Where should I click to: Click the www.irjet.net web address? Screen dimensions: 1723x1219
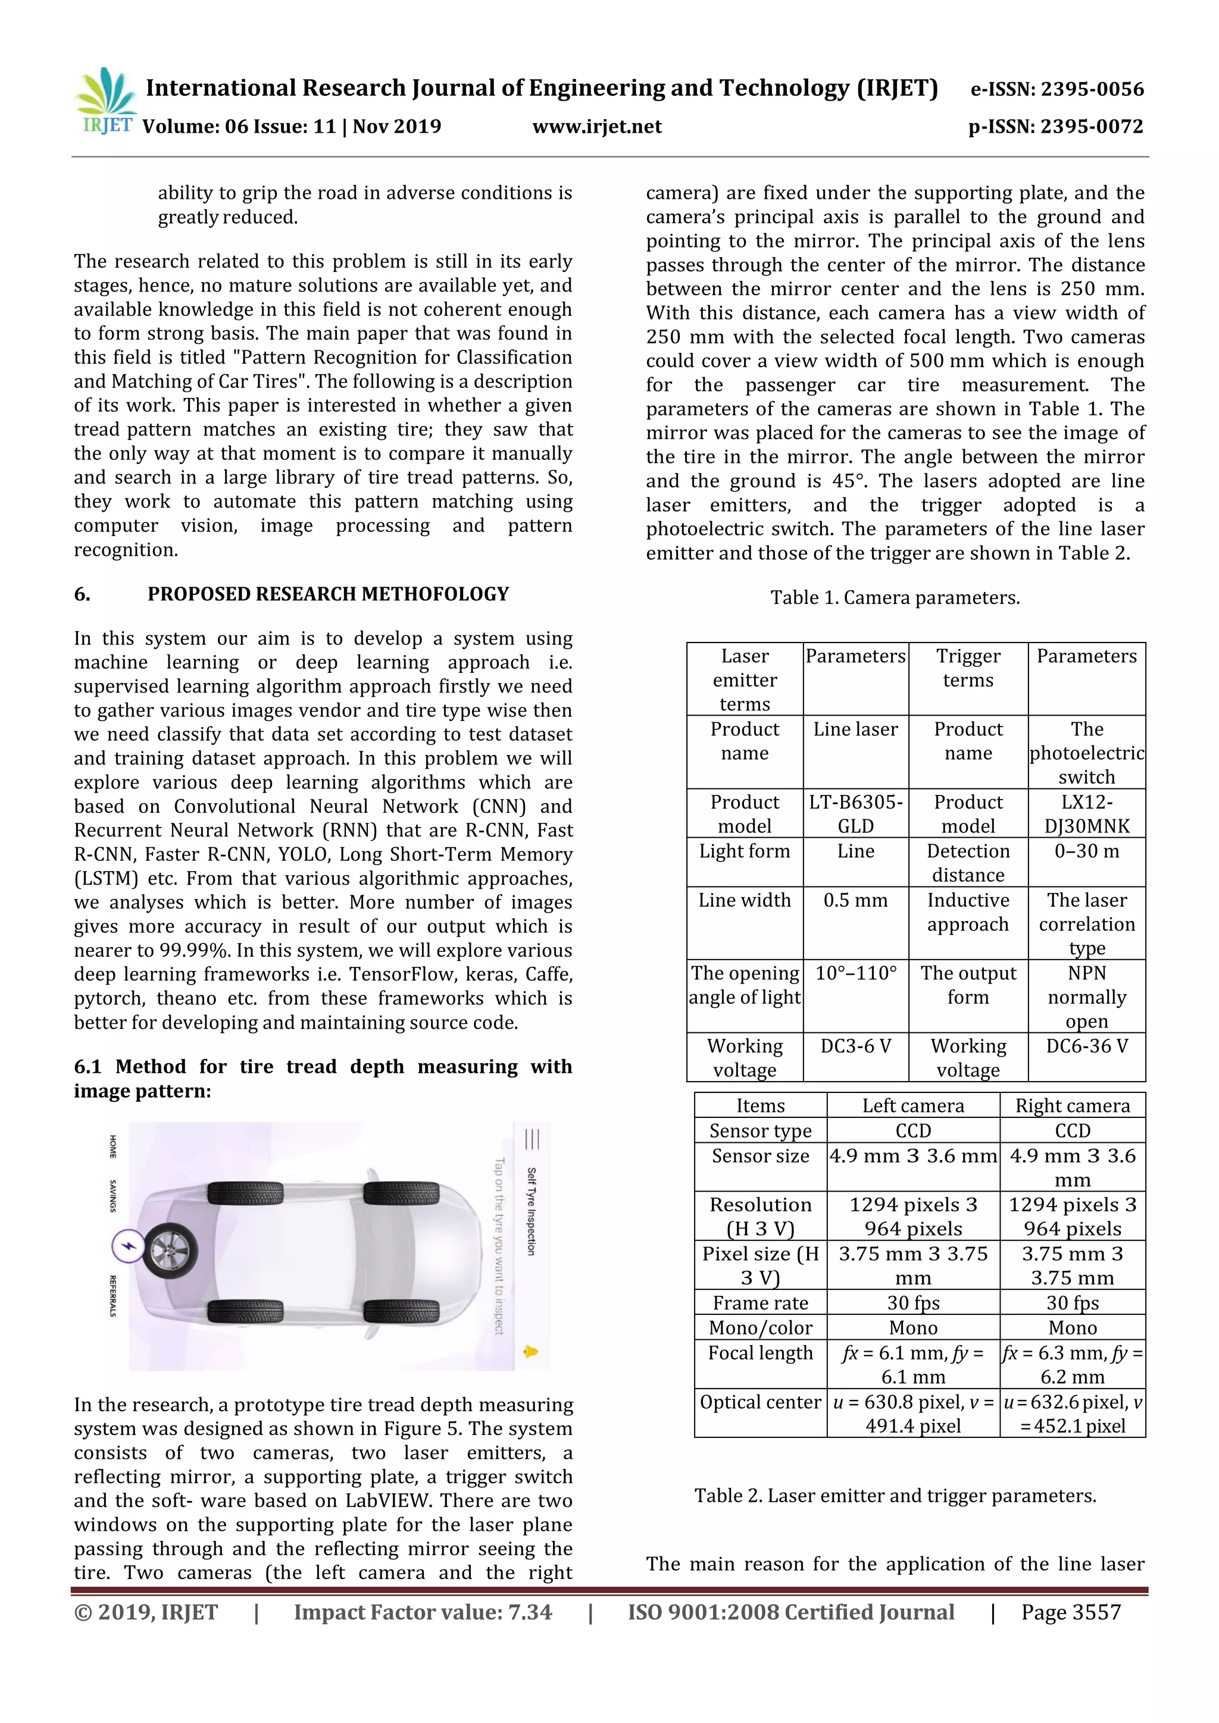click(x=597, y=127)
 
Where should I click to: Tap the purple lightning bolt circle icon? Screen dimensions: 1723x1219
click(x=129, y=1246)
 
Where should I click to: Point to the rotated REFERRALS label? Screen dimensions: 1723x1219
click(x=112, y=1296)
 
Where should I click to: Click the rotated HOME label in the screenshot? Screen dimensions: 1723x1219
click(x=112, y=1146)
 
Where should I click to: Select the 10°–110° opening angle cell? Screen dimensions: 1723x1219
click(x=856, y=973)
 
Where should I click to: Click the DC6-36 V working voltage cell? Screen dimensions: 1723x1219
click(x=1086, y=1046)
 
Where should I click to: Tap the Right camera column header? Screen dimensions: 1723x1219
click(x=1072, y=1106)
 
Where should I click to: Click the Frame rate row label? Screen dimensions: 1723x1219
click(x=760, y=1303)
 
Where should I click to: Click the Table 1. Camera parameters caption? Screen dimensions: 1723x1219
click(x=895, y=598)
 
